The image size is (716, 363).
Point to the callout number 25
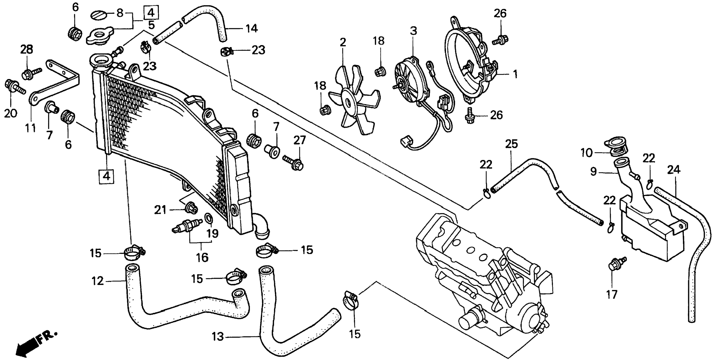(511, 144)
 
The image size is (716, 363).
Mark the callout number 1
(515, 75)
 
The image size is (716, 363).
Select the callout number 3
(413, 31)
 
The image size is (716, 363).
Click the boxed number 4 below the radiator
(107, 176)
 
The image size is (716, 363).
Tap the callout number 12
(97, 281)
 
